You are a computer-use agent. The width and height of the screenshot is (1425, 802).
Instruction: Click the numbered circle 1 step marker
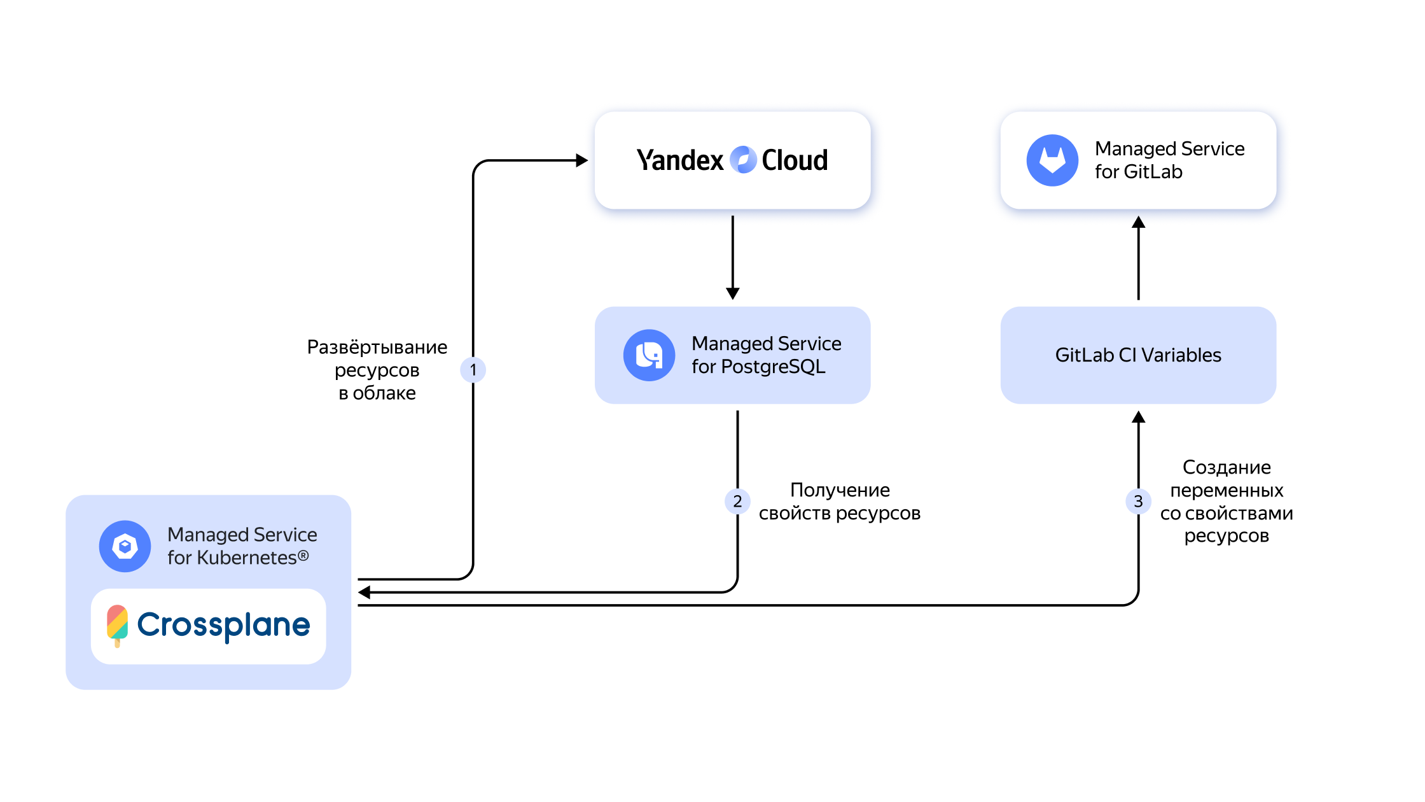[473, 370]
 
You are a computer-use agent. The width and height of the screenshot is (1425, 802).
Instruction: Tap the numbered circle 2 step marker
[737, 502]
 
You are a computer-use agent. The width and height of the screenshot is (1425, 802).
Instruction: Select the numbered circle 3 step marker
[1138, 502]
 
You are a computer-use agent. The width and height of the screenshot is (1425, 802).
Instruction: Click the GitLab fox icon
[1052, 160]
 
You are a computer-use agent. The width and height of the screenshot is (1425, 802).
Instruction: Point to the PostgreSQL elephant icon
[649, 355]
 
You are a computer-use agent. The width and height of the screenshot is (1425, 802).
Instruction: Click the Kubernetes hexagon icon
[125, 546]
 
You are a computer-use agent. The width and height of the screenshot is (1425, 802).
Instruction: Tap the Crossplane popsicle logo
[117, 624]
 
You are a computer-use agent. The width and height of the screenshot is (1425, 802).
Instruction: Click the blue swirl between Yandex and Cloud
[743, 160]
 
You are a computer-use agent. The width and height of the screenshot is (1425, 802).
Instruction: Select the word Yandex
[680, 160]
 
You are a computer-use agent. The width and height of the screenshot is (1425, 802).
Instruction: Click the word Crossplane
[224, 625]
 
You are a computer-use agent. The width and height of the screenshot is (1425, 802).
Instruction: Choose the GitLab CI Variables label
[1138, 355]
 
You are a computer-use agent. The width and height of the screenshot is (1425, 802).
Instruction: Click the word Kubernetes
[247, 558]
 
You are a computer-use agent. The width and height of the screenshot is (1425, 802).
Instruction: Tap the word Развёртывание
[377, 347]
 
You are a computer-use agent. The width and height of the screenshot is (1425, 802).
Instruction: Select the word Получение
[840, 490]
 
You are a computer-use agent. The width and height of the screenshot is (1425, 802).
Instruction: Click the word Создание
[1227, 467]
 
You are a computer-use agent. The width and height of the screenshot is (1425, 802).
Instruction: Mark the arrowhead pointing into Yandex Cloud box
[581, 160]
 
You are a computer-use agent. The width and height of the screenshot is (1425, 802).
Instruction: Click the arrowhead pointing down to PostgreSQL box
[733, 293]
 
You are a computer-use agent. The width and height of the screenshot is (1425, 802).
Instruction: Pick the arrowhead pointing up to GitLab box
[1139, 222]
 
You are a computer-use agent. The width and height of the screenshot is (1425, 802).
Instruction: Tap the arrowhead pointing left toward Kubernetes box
[365, 593]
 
